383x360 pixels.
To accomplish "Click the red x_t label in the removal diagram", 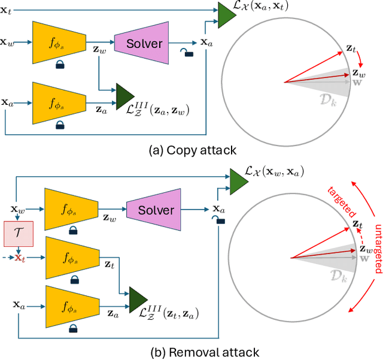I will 20,258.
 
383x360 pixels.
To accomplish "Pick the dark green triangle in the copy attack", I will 125,93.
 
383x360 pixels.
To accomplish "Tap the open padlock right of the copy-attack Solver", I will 189,53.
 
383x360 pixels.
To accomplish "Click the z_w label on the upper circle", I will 357,73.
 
